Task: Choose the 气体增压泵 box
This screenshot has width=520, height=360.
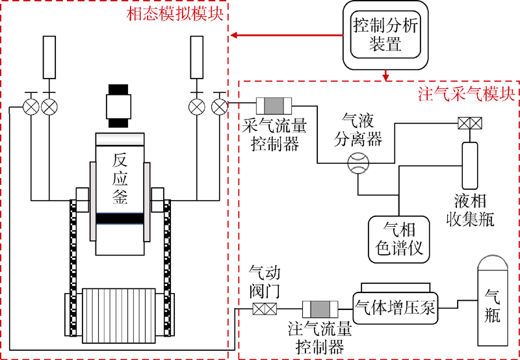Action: tap(395, 303)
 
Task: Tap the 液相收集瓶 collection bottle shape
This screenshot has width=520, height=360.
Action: tap(469, 164)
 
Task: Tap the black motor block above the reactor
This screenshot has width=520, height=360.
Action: tap(119, 106)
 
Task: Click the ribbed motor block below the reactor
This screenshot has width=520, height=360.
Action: tap(119, 316)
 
